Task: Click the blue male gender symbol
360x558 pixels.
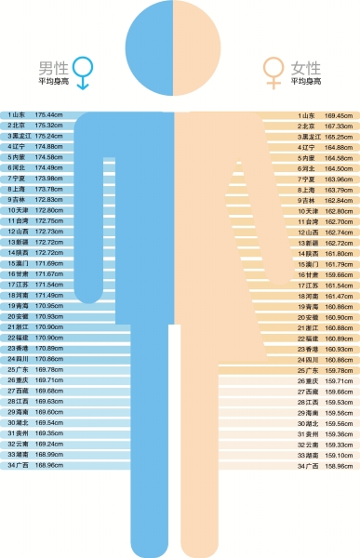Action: click(x=84, y=70)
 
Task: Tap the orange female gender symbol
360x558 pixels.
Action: click(x=273, y=70)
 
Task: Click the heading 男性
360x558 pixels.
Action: click(x=52, y=68)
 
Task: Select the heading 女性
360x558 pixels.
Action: click(x=306, y=68)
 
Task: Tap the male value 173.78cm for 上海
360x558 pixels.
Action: click(x=48, y=189)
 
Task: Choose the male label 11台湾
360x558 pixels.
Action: click(x=18, y=221)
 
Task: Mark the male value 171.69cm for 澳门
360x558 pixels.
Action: click(x=48, y=263)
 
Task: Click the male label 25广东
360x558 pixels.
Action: click(x=18, y=369)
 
